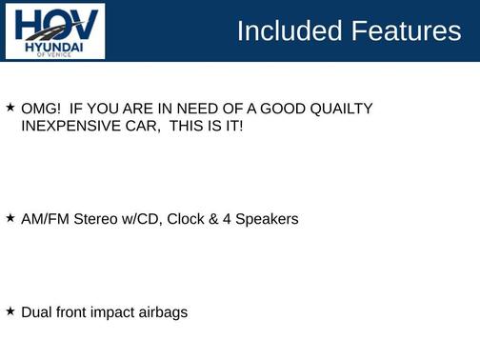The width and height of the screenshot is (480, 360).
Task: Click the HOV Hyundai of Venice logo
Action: (x=54, y=31)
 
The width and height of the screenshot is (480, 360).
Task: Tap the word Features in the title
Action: (x=405, y=30)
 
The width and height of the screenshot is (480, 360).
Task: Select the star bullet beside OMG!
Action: (x=10, y=108)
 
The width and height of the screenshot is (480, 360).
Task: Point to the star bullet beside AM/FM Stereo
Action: (x=10, y=218)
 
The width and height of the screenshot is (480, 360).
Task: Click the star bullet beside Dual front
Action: (x=10, y=310)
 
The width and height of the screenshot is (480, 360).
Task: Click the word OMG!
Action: (x=39, y=109)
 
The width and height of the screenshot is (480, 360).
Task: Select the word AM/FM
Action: (x=44, y=219)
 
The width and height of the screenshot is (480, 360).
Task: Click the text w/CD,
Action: (x=145, y=219)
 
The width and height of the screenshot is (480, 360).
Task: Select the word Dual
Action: (x=37, y=311)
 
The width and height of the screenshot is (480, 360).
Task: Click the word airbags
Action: (x=165, y=312)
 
